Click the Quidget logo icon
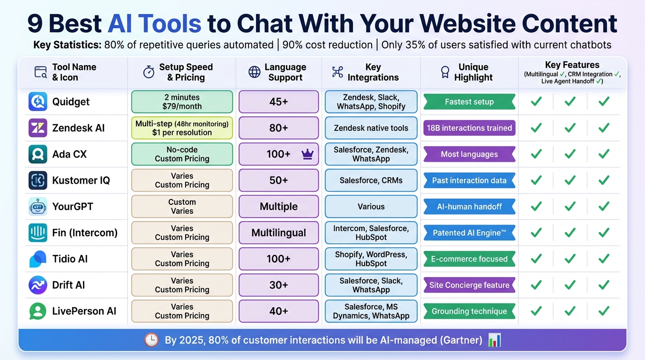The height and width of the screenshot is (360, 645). coord(38,102)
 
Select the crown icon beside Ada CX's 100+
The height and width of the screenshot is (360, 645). coord(307,154)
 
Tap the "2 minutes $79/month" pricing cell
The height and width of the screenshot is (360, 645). coord(182,102)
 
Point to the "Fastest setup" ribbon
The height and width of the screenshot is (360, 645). coord(469,102)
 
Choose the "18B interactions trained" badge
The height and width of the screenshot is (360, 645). coord(469,128)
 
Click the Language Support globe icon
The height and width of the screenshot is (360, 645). coord(255,72)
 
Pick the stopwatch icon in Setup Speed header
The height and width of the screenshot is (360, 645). coord(149,72)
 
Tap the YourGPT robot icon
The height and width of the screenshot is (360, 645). coord(38,206)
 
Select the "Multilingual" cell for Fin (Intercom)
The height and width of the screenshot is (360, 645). coord(278,232)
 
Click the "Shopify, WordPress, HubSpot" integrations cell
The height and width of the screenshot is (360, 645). coord(371,259)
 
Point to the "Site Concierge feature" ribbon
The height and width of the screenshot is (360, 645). coord(469,285)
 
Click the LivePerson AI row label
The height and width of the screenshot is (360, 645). coord(84,311)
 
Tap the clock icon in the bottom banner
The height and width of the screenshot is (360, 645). coord(151,340)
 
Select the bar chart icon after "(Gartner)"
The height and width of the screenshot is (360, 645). coord(495,340)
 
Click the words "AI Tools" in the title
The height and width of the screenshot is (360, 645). coord(154,23)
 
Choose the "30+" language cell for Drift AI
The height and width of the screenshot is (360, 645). coord(278,285)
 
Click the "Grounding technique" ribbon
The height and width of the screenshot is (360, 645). coord(469,311)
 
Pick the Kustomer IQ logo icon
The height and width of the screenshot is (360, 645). coord(38,180)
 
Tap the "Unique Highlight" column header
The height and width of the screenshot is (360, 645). coord(473,72)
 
